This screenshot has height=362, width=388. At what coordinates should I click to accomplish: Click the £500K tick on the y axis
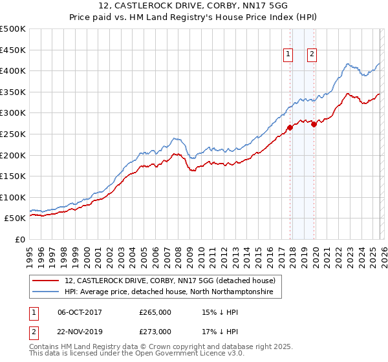click(13, 29)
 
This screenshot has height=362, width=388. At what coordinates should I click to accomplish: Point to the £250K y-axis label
click(13, 134)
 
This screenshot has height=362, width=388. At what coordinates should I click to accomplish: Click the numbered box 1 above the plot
click(287, 55)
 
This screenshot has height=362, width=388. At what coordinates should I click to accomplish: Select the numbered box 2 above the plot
click(312, 55)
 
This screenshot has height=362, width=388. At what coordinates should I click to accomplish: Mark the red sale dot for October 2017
click(290, 127)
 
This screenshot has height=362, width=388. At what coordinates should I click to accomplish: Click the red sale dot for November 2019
click(314, 124)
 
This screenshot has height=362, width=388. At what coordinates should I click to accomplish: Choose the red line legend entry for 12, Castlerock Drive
click(169, 281)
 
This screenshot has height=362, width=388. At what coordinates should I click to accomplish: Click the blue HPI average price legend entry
click(169, 292)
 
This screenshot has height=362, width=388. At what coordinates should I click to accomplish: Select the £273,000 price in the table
click(155, 331)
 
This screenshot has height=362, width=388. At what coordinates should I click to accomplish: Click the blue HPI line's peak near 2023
click(348, 63)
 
